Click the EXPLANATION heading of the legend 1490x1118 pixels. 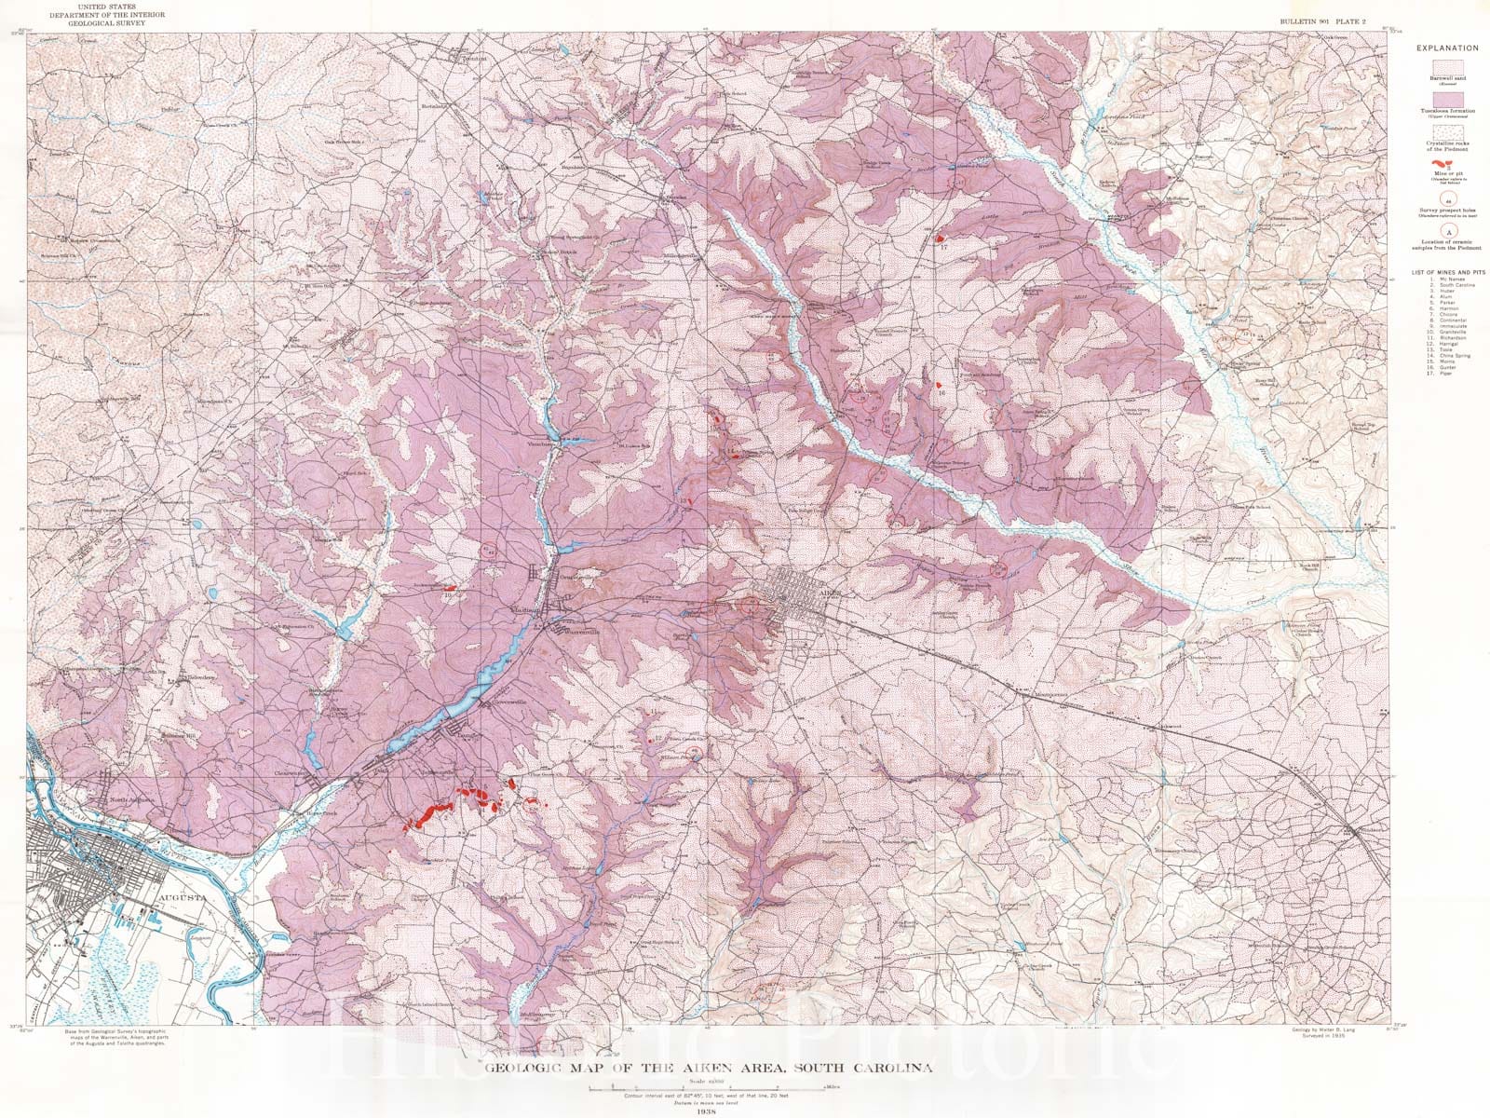(1448, 48)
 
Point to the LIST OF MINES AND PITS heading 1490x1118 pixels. (1448, 272)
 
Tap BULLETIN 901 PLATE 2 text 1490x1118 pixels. (1321, 21)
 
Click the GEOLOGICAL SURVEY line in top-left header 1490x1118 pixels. (110, 23)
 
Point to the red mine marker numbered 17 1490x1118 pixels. (940, 239)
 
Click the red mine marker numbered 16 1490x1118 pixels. (939, 385)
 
